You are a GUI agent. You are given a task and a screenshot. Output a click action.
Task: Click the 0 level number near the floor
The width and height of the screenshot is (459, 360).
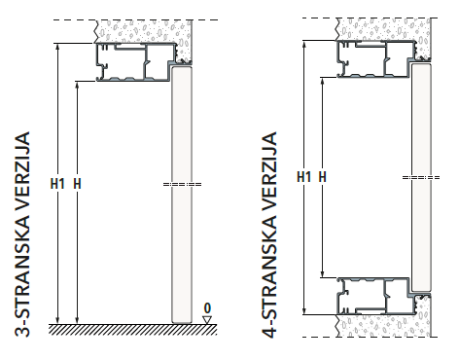pos(207,306)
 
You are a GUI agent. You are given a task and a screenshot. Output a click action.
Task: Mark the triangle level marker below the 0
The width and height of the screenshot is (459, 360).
pos(207,318)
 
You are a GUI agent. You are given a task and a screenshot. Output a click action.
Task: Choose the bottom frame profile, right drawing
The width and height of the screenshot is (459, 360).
pos(374,296)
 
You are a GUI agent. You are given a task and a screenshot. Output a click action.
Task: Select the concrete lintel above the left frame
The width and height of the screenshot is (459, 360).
pos(146,32)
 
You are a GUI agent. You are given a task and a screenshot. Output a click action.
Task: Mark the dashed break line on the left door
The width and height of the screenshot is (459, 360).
pos(181,184)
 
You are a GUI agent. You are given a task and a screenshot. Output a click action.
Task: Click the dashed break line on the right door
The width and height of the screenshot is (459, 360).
pos(419,177)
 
